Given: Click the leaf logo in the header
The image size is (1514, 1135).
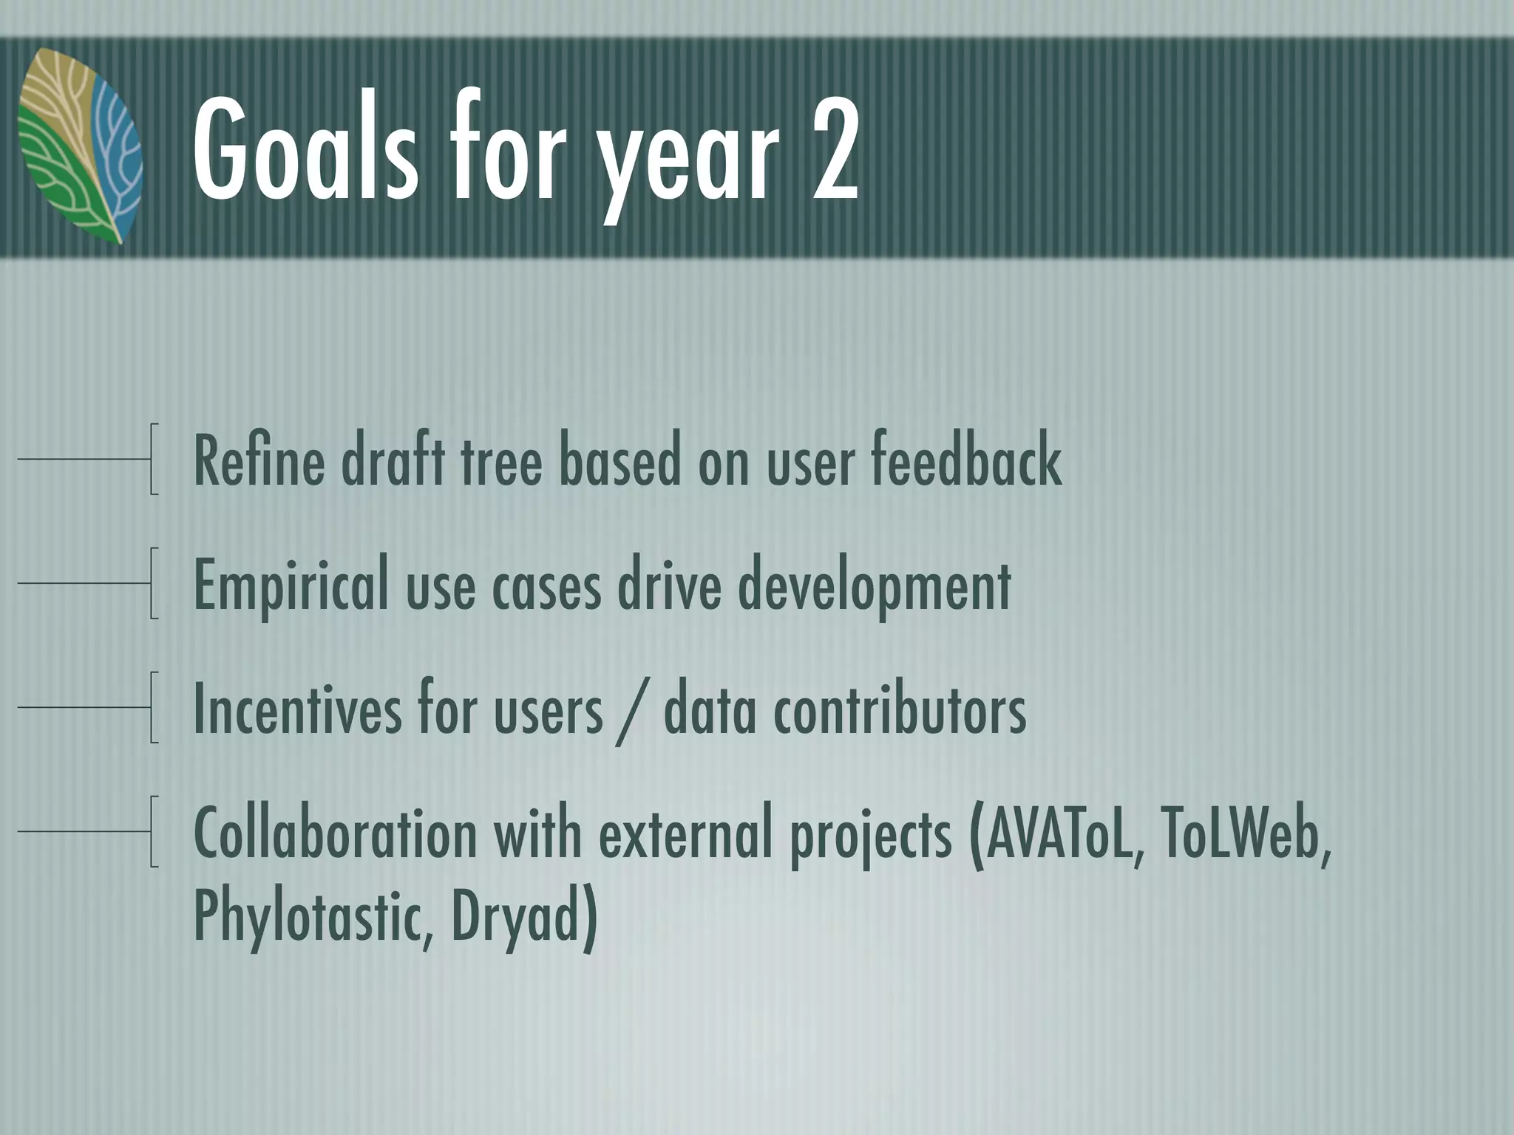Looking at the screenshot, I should click(x=80, y=146).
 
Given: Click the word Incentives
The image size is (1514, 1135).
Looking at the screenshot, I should click(x=299, y=710).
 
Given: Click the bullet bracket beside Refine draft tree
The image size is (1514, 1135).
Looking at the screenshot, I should click(x=152, y=459).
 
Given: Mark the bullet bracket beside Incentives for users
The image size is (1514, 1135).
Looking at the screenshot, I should click(x=152, y=707).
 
